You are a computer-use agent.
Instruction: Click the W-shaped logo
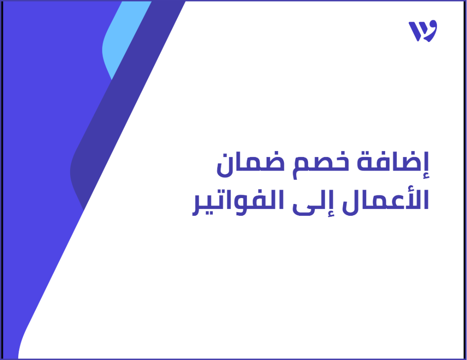(423, 31)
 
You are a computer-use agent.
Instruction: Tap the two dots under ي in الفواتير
(210, 217)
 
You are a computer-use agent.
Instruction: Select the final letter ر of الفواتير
(198, 207)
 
